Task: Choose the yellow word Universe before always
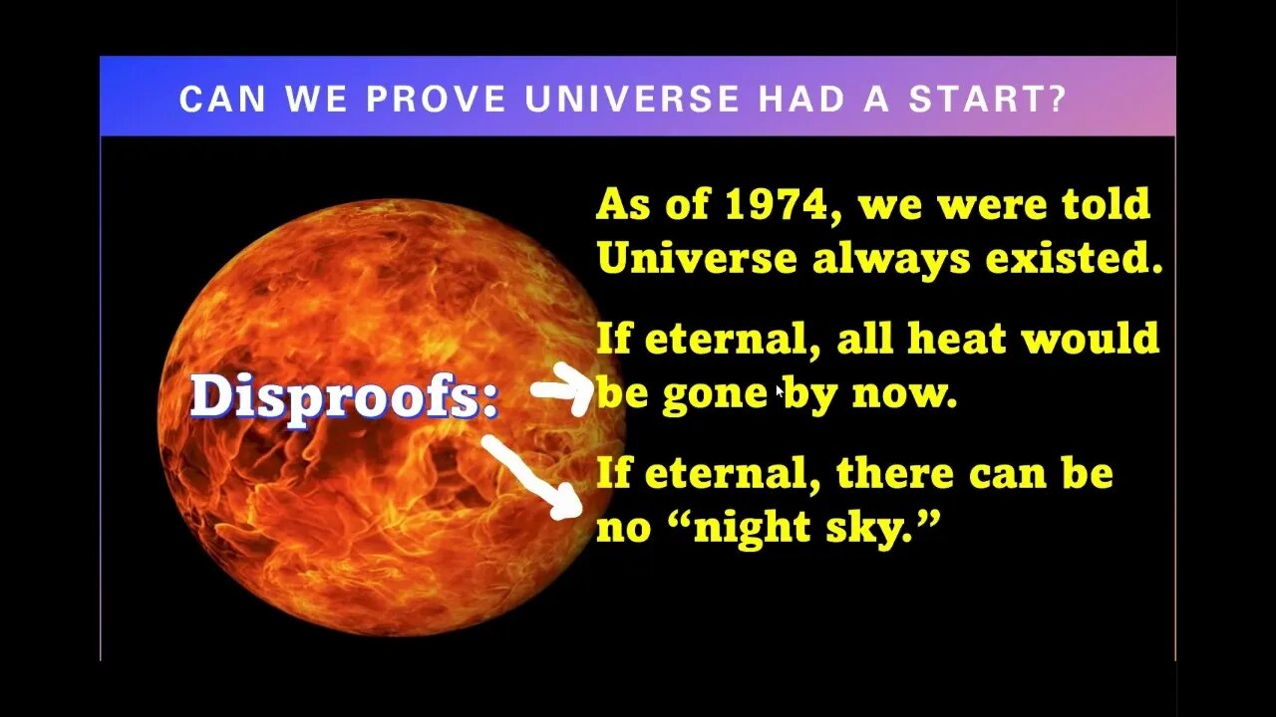pyautogui.click(x=697, y=259)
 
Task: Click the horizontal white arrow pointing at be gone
pyautogui.click(x=563, y=389)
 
